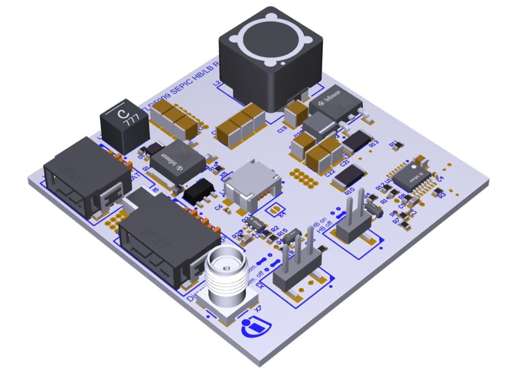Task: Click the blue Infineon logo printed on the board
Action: (x=256, y=327)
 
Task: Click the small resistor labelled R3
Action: (x=439, y=191)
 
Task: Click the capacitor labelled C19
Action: (x=297, y=112)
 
